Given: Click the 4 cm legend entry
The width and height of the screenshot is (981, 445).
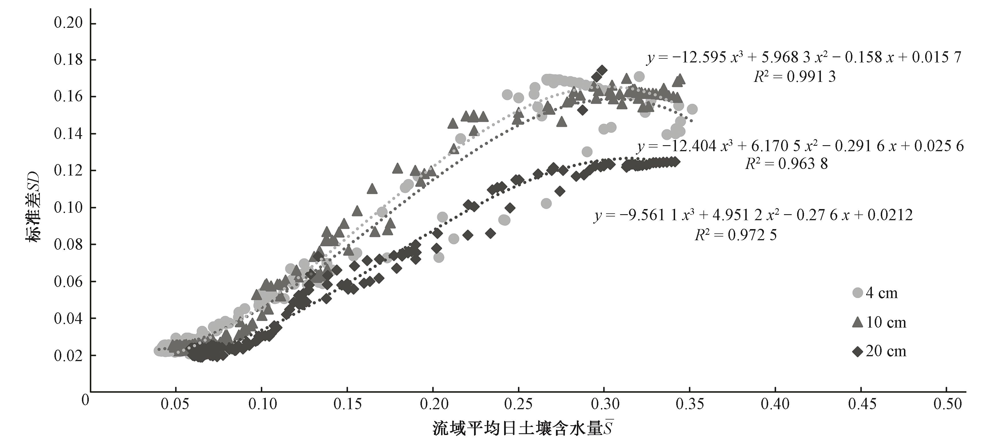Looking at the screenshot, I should click(x=876, y=293).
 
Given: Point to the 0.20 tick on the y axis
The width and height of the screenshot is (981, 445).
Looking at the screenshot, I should click(x=68, y=23).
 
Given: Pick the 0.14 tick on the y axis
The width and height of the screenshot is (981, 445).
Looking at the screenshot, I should click(x=68, y=134).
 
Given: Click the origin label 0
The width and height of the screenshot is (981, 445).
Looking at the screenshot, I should click(x=86, y=400).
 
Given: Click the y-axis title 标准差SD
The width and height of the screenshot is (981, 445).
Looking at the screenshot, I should click(x=34, y=207).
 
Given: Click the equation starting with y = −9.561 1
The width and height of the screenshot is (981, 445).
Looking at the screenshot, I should click(x=753, y=215).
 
